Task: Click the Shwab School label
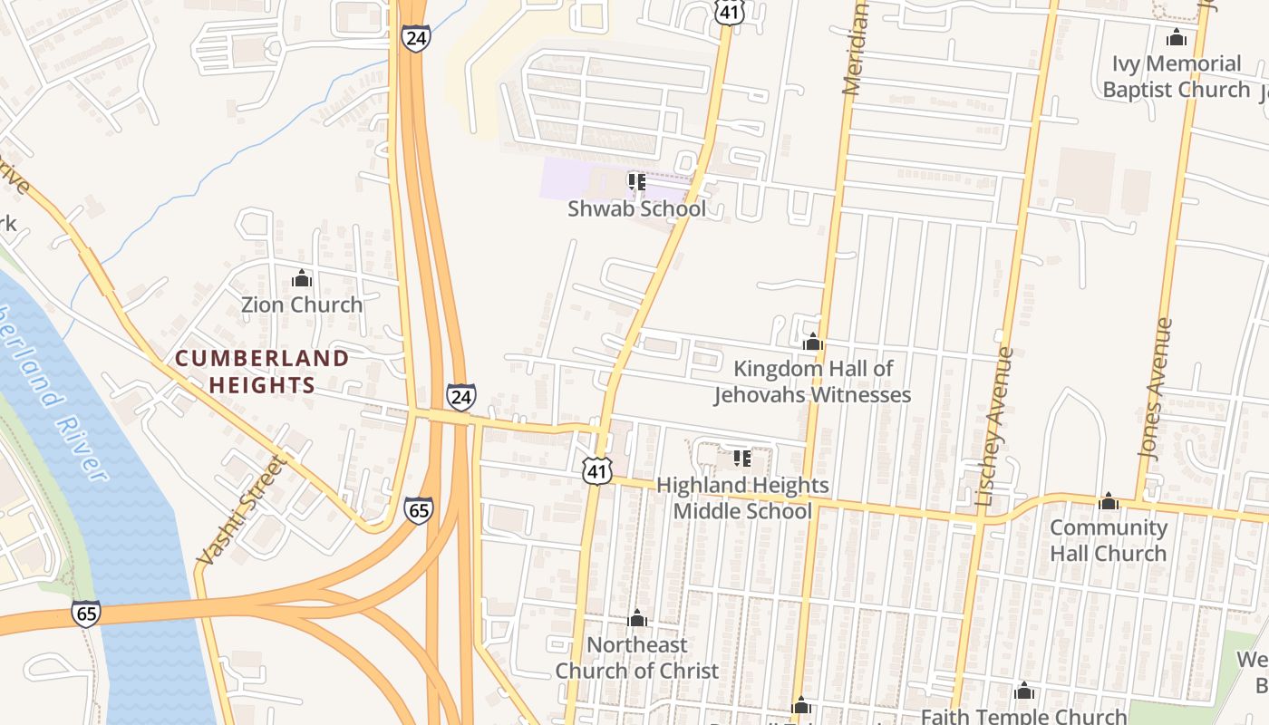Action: pos(636,208)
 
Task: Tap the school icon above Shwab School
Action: pos(636,182)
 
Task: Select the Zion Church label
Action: pos(302,304)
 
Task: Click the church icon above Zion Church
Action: pos(302,279)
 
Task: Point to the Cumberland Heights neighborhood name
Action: pos(262,372)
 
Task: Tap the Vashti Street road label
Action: pos(241,510)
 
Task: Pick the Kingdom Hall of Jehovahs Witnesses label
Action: pos(813,382)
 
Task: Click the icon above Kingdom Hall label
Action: pos(813,343)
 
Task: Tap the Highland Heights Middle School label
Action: pos(742,498)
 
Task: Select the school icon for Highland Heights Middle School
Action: pos(742,459)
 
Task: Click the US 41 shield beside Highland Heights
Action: pos(597,469)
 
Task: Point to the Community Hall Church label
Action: pos(1109,540)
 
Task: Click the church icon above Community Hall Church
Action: pos(1109,501)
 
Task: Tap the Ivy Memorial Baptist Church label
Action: pos(1177,76)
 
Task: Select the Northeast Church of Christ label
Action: pos(637,658)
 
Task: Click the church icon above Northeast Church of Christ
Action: pos(637,619)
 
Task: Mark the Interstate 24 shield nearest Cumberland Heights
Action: pos(460,397)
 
